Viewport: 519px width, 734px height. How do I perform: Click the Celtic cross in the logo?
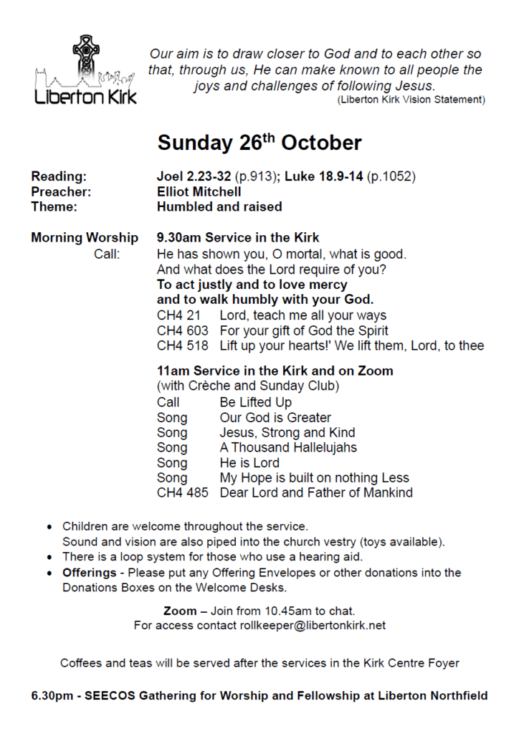click(x=86, y=56)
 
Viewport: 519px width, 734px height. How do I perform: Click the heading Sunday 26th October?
click(x=259, y=142)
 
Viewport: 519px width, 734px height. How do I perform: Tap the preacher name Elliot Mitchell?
click(x=199, y=191)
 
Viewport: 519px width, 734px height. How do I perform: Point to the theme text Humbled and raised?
click(x=219, y=206)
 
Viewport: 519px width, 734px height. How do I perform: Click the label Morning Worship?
click(x=85, y=237)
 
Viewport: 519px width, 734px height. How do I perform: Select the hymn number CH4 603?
click(x=182, y=330)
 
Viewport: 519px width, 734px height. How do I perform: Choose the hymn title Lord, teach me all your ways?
click(x=303, y=315)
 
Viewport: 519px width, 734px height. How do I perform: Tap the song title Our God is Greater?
click(x=275, y=417)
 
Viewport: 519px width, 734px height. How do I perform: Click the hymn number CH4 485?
click(x=182, y=492)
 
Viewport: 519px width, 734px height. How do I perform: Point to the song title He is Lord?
click(x=249, y=462)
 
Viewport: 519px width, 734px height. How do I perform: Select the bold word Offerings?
click(x=89, y=573)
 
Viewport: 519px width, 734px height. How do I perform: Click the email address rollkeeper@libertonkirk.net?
click(x=315, y=625)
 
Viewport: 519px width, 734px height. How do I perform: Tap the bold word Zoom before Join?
click(x=179, y=611)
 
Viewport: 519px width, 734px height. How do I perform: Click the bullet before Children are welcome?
click(x=49, y=527)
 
